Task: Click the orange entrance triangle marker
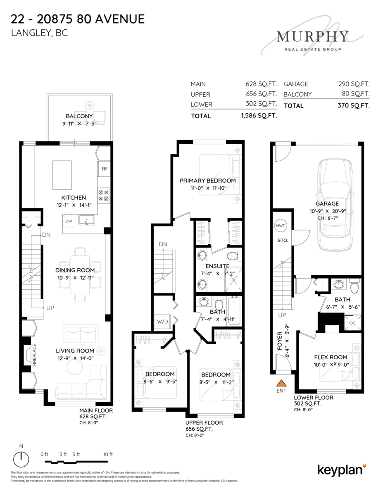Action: coord(281,383)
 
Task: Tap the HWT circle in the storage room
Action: coord(281,226)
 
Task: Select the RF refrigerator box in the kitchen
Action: coord(105,169)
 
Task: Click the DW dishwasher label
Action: coord(69,221)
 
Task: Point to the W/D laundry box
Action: coord(162,322)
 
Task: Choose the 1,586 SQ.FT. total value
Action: coord(259,116)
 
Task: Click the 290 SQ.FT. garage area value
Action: coord(354,84)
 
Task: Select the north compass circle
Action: coord(21,459)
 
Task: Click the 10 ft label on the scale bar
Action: coord(108,454)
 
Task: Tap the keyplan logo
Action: coord(342,470)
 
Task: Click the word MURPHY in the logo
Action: coord(312,36)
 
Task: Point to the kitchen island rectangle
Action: coord(62,175)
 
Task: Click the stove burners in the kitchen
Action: coord(104,196)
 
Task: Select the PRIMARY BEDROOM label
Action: coord(207,181)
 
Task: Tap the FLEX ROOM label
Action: coord(331,357)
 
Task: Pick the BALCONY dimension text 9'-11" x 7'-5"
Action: coord(79,124)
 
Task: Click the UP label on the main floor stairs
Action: coord(50,308)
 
